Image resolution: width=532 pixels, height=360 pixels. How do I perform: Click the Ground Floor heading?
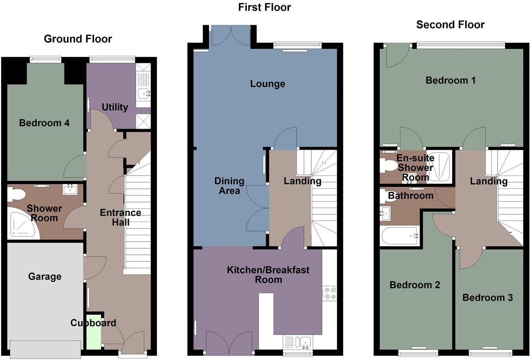coord(78,39)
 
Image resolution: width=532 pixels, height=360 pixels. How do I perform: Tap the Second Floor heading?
coord(450,25)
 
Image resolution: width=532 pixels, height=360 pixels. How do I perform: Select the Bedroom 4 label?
coord(44,123)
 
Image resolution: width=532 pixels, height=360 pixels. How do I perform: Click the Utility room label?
coord(115,107)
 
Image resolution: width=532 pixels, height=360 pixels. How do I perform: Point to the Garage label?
coord(45,277)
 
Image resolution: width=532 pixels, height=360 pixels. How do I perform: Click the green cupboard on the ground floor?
coord(93,332)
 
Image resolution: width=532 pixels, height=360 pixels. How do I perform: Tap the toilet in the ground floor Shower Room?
coord(17,194)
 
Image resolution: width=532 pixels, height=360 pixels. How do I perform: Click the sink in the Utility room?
coord(144,93)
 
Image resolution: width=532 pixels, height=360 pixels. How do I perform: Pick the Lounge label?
coord(268,84)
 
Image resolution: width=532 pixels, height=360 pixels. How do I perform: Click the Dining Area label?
coord(229,186)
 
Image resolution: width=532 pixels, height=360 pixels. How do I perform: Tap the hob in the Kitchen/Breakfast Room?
coord(329,294)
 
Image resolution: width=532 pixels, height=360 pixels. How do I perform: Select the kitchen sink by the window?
coord(303,342)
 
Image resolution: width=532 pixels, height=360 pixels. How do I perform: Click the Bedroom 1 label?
coord(450,81)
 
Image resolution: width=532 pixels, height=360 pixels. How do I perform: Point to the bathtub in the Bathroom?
coord(399,236)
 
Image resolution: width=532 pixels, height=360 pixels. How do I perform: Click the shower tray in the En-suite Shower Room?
coord(438,167)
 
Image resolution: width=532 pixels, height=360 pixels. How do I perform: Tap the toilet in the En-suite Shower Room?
coord(388,166)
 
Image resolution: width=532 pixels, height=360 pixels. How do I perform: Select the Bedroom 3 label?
coord(487,298)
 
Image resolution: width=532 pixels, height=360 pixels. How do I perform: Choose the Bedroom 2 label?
coord(415,285)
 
